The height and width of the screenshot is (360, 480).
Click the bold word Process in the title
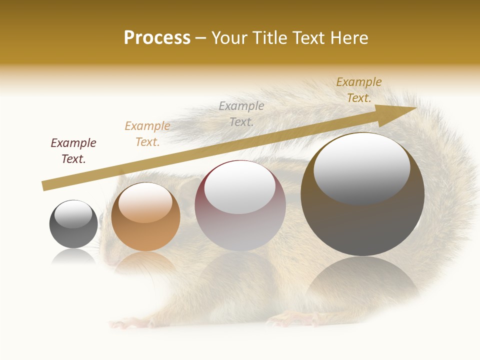[x=157, y=38]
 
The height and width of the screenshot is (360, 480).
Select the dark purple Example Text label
[x=73, y=151]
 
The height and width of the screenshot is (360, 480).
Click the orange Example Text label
[x=147, y=134]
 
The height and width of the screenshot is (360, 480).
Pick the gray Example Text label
[x=241, y=113]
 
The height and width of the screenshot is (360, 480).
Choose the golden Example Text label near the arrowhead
[x=359, y=90]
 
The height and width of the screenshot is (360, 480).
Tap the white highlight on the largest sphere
[x=361, y=167]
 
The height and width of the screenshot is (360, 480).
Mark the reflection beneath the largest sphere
[x=362, y=280]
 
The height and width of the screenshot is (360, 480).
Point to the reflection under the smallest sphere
[x=73, y=257]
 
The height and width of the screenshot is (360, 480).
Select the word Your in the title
[x=230, y=38]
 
